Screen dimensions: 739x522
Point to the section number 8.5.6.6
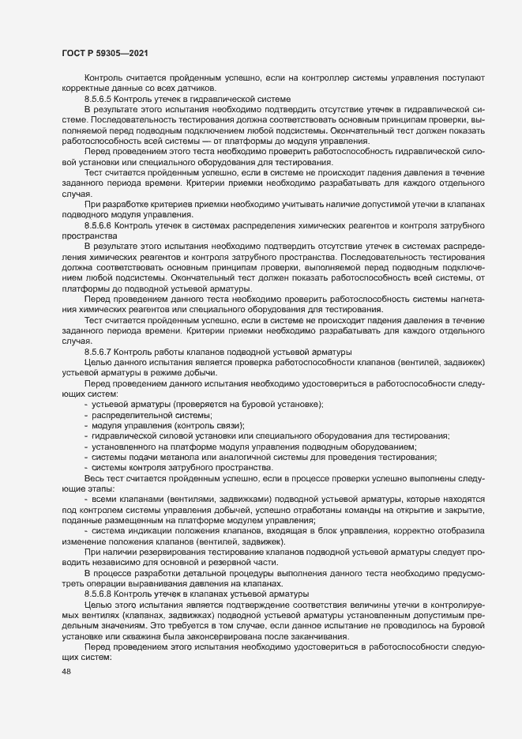coord(98,225)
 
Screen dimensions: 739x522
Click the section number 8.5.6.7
coord(98,350)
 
